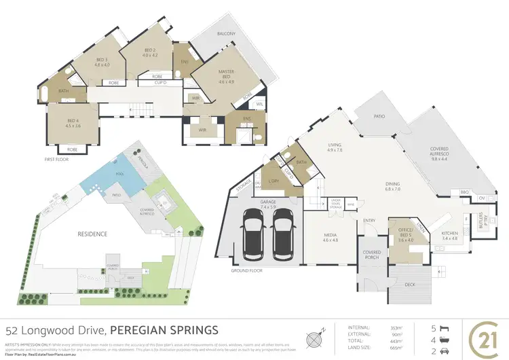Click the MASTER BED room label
226,75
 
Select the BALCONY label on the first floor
226,34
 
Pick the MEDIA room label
330,237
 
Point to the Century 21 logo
483,337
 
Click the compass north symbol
315,338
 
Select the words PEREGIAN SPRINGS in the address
165,331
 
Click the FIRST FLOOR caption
58,159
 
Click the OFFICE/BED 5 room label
406,234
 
